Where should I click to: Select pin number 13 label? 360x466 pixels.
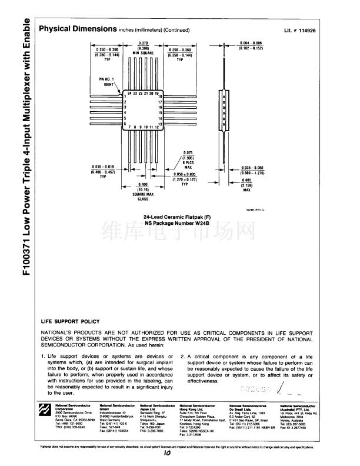pos(160,125)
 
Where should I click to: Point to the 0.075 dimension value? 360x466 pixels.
pos(188,152)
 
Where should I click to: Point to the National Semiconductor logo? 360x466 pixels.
pos(45,410)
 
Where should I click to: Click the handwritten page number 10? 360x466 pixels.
pos(168,453)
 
